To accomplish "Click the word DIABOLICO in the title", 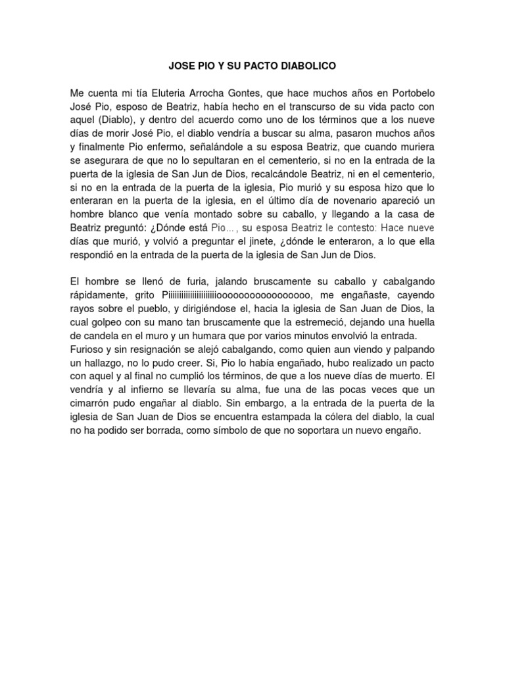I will tap(309, 66).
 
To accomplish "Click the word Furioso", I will tap(89, 349).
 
